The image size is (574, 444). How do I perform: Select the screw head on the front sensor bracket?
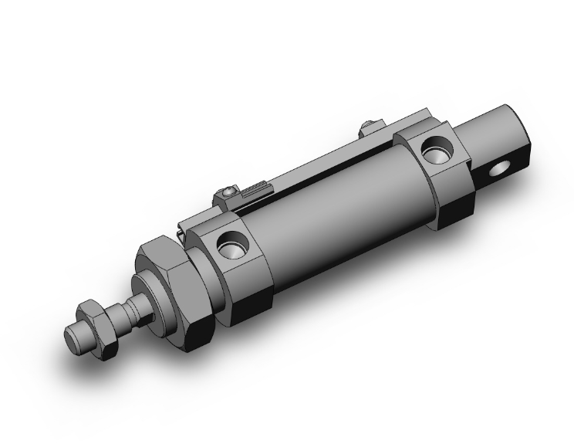228,192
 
